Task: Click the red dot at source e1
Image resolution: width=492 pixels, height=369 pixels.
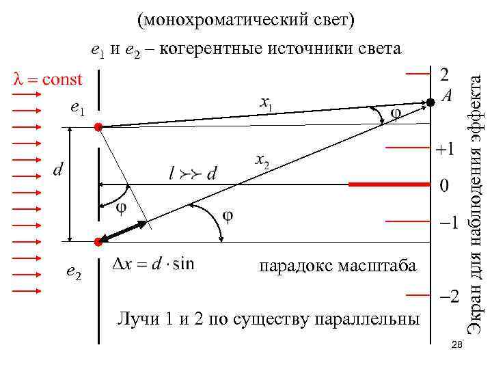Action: [99, 127]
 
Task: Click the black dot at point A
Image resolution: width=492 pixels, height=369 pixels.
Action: [431, 102]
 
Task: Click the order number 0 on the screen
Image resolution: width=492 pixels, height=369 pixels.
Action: [444, 185]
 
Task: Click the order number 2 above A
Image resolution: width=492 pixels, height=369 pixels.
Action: [444, 73]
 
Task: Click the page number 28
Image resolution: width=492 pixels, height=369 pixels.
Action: [458, 348]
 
